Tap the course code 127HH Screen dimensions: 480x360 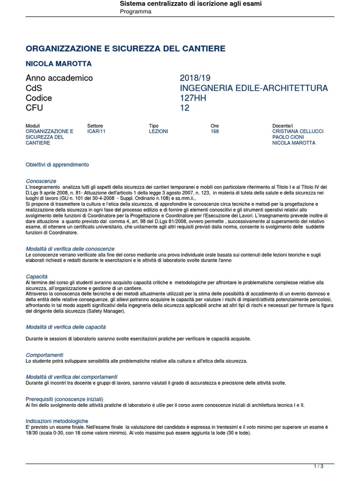click(x=193, y=98)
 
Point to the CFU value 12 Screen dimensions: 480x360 click(x=185, y=108)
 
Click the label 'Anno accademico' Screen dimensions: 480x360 click(x=59, y=78)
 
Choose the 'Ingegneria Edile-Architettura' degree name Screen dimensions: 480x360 click(x=254, y=88)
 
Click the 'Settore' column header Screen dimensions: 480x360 click(x=95, y=126)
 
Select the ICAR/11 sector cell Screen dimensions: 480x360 click(x=97, y=132)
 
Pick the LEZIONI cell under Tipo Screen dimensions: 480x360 click(x=158, y=132)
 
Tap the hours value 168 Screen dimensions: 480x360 click(x=215, y=132)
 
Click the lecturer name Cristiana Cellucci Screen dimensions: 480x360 click(x=298, y=132)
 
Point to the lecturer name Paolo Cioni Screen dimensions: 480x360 click(x=288, y=137)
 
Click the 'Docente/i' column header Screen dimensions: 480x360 click(x=283, y=126)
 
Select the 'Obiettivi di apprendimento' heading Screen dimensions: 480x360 click(x=57, y=165)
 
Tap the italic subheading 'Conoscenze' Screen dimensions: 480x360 click(x=41, y=181)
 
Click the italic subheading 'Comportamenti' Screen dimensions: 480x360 click(x=45, y=355)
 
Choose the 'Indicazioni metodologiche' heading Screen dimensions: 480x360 click(x=57, y=421)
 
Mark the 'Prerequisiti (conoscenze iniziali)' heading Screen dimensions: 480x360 click(x=64, y=399)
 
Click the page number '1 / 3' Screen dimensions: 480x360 click(x=319, y=466)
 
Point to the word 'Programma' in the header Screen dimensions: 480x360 click(x=136, y=11)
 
